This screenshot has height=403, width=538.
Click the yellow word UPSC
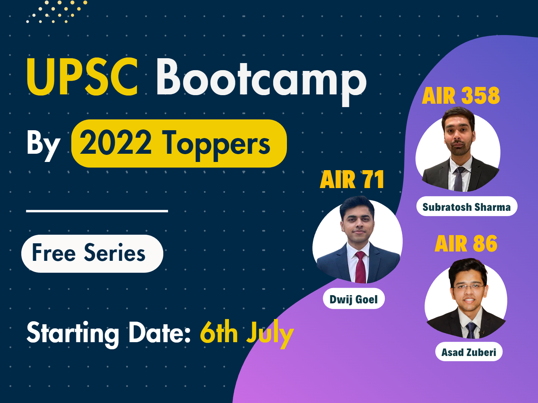(x=82, y=77)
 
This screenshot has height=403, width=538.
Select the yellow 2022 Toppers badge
(x=179, y=144)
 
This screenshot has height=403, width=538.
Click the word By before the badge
(x=43, y=146)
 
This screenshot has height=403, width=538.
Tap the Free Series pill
(x=92, y=253)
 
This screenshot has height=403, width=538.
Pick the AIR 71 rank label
(x=352, y=179)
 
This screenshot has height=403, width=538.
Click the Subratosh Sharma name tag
(x=467, y=206)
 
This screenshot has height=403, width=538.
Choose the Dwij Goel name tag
(x=354, y=299)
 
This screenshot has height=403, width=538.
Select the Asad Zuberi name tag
(x=469, y=352)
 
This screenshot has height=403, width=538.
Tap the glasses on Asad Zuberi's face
(x=469, y=287)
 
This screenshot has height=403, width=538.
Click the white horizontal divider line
(x=97, y=211)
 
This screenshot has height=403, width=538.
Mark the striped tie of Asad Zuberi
(x=471, y=330)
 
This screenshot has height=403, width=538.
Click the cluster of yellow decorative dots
(x=57, y=12)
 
